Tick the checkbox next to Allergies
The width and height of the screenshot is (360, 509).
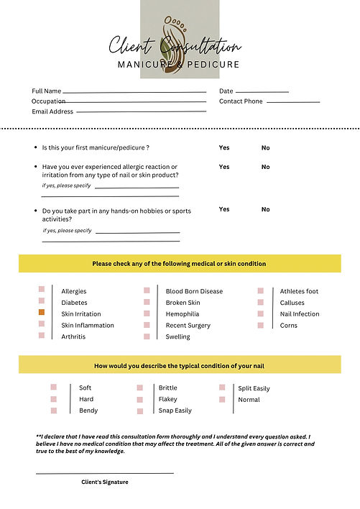click(42, 290)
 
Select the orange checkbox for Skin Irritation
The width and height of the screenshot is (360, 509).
click(42, 313)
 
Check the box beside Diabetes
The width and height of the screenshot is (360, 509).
click(42, 302)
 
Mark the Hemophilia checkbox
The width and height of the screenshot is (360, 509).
click(147, 313)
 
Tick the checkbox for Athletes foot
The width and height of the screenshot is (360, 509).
click(262, 290)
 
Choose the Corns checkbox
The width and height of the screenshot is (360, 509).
click(262, 325)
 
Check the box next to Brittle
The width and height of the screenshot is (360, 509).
click(139, 388)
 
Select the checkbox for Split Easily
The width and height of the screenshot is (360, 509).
click(222, 388)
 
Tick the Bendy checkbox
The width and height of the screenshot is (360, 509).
click(54, 411)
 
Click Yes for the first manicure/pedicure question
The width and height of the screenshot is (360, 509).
click(224, 147)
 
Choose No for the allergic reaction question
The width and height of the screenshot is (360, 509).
click(265, 167)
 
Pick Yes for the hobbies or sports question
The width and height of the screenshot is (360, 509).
click(224, 209)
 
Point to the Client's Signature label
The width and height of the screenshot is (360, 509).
click(105, 482)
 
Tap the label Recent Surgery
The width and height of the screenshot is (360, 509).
click(188, 326)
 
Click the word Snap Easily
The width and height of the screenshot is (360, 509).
click(175, 411)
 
